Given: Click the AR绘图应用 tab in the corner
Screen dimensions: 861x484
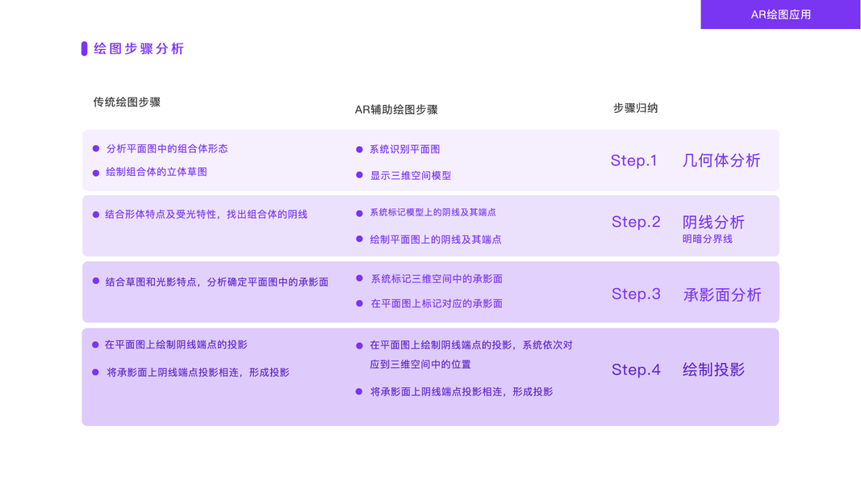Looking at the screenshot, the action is (x=780, y=15).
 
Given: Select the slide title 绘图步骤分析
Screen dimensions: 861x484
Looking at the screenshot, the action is (x=139, y=48).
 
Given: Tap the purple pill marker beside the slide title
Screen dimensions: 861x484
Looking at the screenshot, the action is (x=84, y=48).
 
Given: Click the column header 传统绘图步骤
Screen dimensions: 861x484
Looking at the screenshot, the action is (x=127, y=102).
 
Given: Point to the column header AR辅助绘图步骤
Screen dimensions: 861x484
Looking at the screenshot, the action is (x=396, y=110).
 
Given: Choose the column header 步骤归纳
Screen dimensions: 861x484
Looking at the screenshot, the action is (x=635, y=108).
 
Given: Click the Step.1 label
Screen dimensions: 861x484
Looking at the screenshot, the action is (x=633, y=161).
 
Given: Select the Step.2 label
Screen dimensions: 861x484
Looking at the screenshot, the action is (x=636, y=222).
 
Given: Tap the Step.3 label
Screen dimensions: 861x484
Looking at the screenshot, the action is (x=636, y=294).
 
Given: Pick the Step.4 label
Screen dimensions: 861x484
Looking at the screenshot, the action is (x=636, y=369).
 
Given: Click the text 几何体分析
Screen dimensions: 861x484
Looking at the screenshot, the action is (x=721, y=161).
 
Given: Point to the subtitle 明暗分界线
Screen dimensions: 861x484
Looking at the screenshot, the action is (x=708, y=239).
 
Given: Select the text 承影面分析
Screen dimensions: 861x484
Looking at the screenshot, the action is (x=722, y=294).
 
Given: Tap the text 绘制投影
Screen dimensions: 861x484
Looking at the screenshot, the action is (x=713, y=369).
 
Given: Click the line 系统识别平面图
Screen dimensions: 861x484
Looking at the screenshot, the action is (x=404, y=149).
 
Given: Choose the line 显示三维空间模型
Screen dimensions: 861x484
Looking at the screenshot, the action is (x=410, y=175).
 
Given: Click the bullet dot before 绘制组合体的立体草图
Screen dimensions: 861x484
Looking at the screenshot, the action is (x=96, y=172).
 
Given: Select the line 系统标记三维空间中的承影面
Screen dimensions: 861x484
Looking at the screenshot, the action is (x=437, y=278).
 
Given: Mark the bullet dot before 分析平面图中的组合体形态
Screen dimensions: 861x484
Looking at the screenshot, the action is (x=96, y=148).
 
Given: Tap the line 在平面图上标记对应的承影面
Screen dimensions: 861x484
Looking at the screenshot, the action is (x=437, y=303).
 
